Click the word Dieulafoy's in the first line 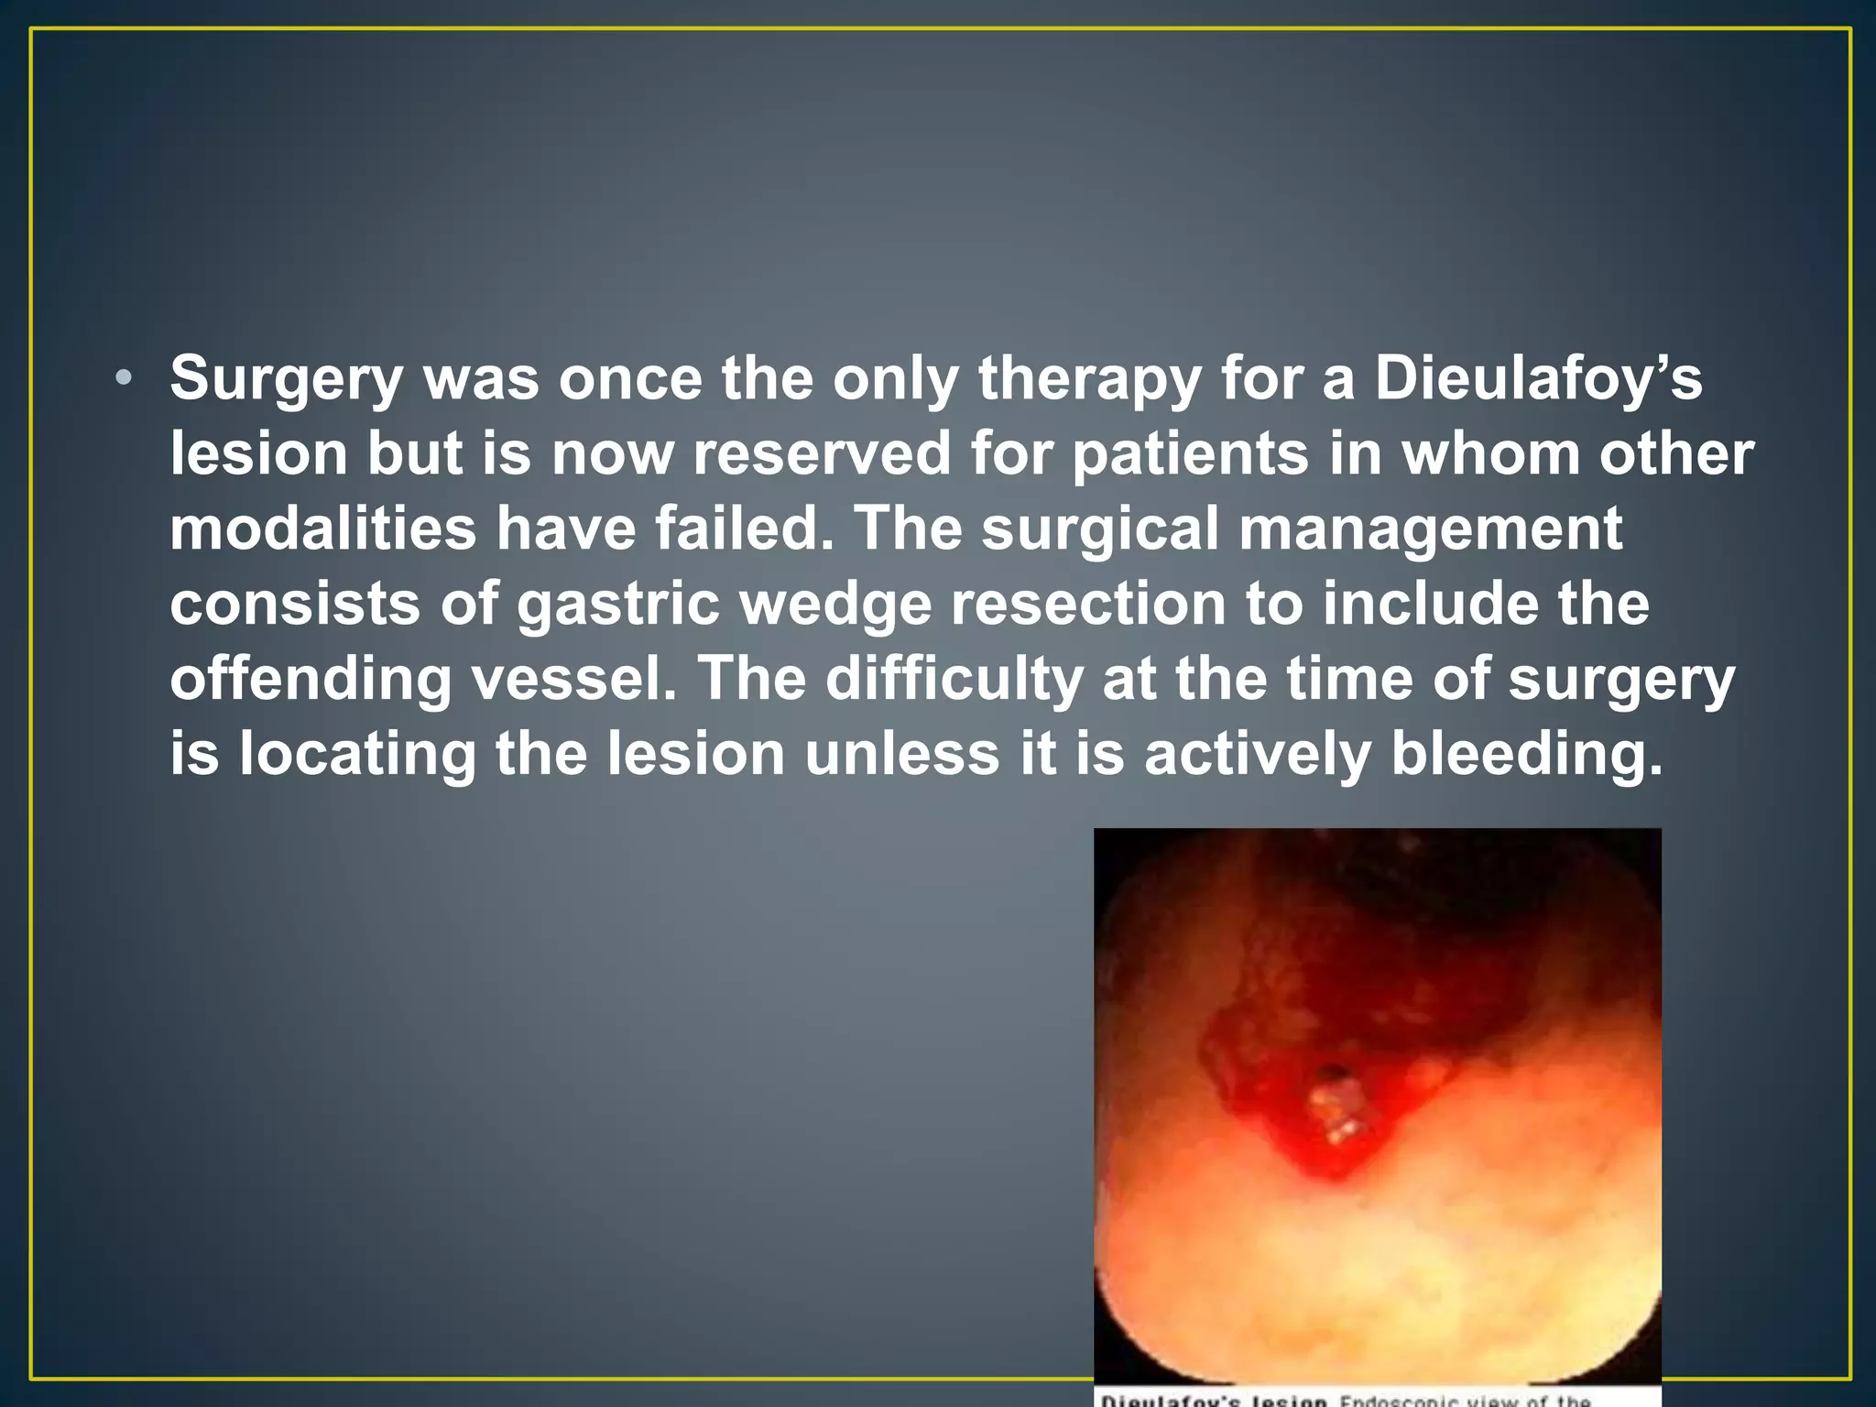[x=1538, y=377]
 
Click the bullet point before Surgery [x=125, y=377]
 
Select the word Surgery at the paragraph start [x=287, y=377]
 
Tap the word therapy [x=1089, y=377]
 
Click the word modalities [x=322, y=529]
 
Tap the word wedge [x=834, y=605]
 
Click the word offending [x=311, y=680]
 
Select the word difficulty [x=954, y=680]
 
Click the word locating [x=357, y=755]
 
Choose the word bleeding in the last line [x=1525, y=755]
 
